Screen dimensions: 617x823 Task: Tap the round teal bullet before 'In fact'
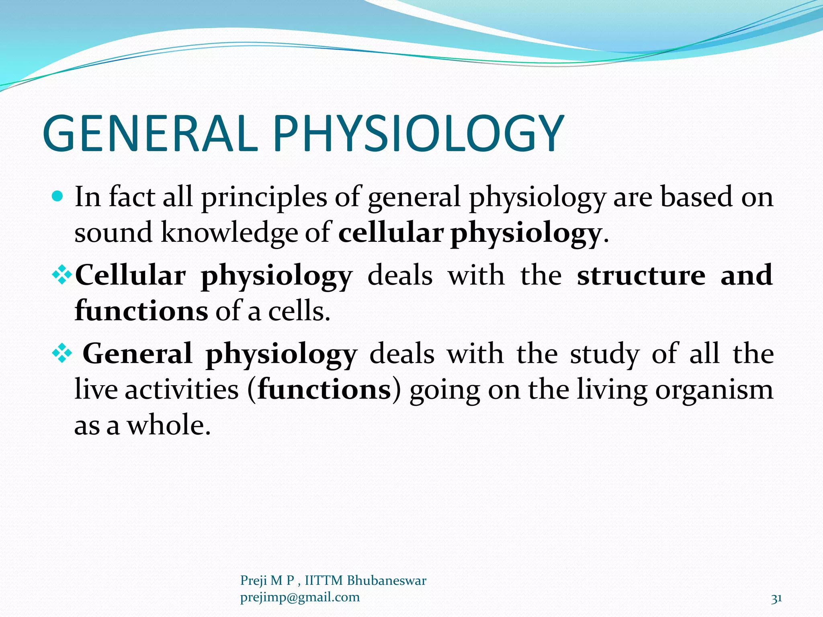[x=58, y=196]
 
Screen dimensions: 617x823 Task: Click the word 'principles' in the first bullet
[x=264, y=198]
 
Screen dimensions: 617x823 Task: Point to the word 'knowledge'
[x=229, y=233]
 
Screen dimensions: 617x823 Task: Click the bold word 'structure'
[x=641, y=276]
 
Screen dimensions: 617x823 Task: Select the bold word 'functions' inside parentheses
[x=324, y=389]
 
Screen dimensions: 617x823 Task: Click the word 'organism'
[x=714, y=390]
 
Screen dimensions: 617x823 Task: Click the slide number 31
[x=776, y=599]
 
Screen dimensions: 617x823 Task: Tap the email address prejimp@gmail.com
[x=300, y=597]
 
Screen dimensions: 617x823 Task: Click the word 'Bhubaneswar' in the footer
[x=386, y=580]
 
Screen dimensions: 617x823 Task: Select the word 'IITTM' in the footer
[x=323, y=580]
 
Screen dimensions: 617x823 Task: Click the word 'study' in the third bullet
[x=604, y=355]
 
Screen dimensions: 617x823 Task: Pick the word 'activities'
[x=182, y=390]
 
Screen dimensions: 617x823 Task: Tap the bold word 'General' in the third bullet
[x=137, y=354]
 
